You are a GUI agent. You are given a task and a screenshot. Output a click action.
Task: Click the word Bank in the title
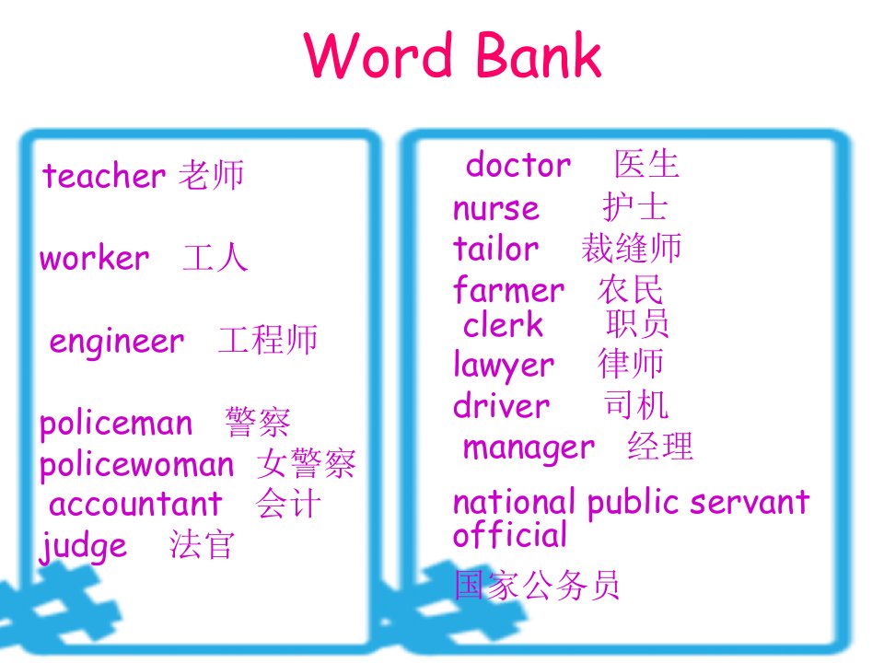[x=540, y=54]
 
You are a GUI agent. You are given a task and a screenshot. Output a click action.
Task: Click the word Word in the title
[x=378, y=54]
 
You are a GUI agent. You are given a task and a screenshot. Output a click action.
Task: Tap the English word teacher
[x=104, y=175]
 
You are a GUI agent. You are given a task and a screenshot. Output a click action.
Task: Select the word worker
[x=94, y=258]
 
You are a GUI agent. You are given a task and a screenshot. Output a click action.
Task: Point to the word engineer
[x=117, y=342]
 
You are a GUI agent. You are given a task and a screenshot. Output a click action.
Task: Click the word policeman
[x=116, y=423]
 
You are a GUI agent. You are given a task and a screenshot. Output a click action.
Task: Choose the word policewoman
[x=136, y=464]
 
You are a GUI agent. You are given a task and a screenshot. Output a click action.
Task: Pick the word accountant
[x=135, y=504]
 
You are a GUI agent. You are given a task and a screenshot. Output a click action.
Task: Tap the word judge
[x=84, y=545]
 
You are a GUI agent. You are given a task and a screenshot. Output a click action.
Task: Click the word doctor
[x=518, y=165]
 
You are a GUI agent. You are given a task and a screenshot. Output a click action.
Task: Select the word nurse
[x=496, y=208]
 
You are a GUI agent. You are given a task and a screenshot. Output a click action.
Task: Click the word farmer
[x=508, y=289]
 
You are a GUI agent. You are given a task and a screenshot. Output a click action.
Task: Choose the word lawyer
[x=504, y=366]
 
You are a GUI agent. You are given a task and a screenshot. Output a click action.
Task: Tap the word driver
[x=501, y=405]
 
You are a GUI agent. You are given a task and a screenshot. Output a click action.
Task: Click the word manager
[x=529, y=448]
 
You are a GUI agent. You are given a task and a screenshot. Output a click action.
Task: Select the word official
[x=509, y=534]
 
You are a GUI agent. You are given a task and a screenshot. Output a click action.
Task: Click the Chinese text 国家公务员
[x=537, y=585]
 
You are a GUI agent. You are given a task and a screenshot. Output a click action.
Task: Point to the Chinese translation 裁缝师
[x=631, y=248]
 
